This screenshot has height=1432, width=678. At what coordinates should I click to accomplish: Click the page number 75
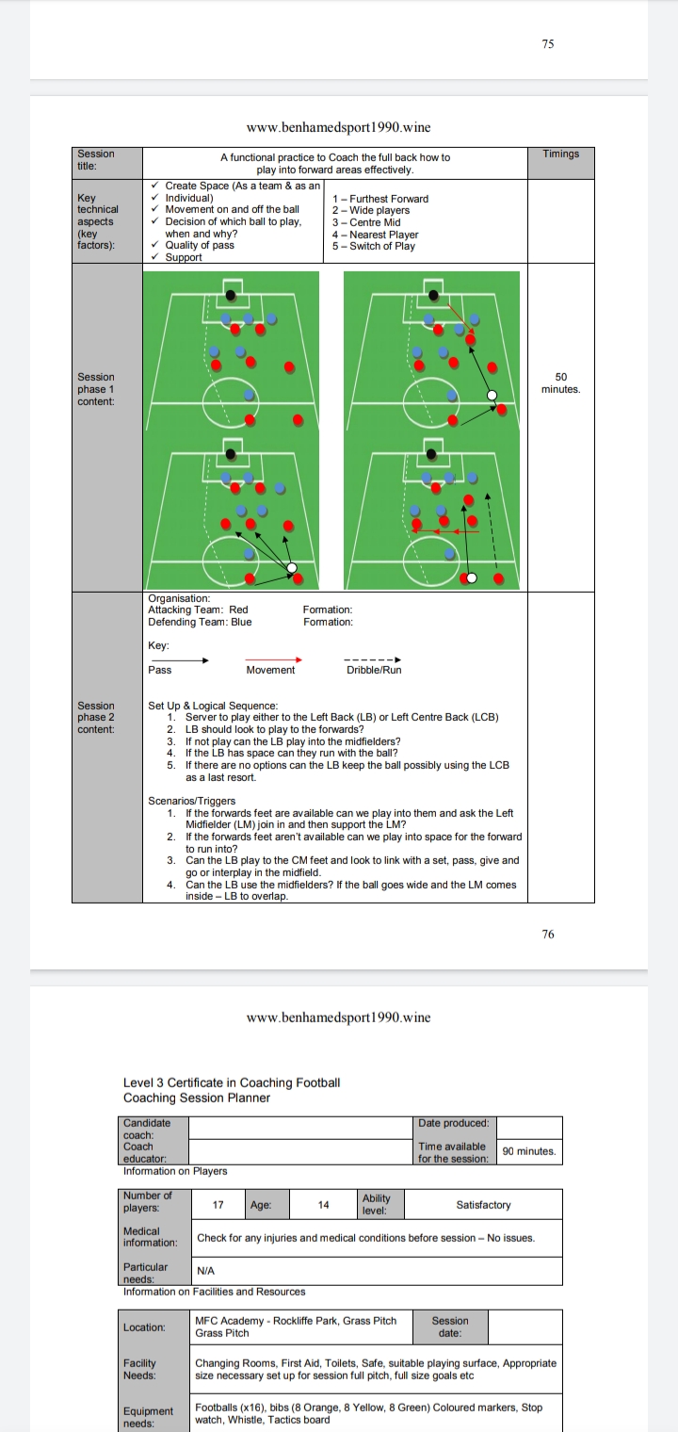(548, 45)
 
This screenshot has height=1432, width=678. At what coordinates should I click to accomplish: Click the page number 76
(548, 934)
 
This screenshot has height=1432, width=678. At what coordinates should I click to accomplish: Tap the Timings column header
(561, 154)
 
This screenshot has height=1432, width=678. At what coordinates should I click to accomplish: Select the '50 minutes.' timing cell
(561, 382)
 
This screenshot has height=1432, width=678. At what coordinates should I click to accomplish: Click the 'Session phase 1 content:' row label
(96, 389)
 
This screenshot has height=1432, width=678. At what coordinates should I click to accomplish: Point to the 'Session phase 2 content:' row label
(96, 717)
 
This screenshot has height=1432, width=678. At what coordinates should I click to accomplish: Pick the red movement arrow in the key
(274, 659)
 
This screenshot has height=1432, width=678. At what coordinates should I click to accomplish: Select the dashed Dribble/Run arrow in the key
(374, 659)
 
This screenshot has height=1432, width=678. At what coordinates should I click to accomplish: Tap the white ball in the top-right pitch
(491, 396)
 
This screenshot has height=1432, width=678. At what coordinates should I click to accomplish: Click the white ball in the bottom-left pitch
(291, 568)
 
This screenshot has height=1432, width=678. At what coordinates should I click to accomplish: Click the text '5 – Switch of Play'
(374, 247)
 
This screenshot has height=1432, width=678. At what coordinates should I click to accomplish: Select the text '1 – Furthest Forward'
(380, 199)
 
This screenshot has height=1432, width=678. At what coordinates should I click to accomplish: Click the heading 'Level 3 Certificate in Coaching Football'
(232, 1082)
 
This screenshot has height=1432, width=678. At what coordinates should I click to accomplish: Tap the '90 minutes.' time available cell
(529, 1151)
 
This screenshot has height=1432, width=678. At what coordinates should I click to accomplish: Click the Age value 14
(323, 1205)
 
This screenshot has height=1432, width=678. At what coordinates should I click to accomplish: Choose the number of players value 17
(218, 1205)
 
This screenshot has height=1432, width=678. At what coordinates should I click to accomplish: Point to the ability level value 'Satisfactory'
(483, 1205)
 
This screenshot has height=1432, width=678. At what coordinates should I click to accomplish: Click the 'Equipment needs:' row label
(148, 1416)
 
